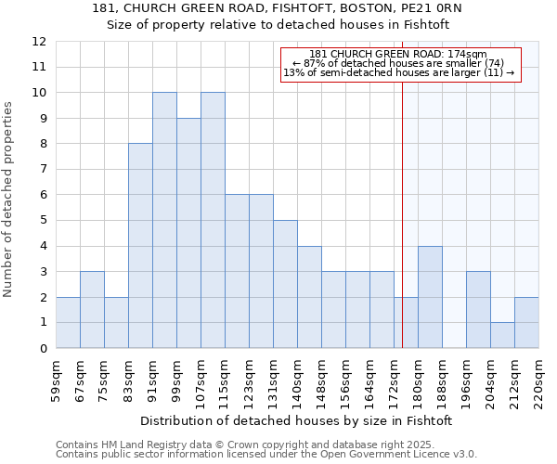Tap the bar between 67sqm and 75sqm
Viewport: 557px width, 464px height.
(92, 310)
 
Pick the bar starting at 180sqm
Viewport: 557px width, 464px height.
(430, 297)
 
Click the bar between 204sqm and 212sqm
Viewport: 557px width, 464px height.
(502, 335)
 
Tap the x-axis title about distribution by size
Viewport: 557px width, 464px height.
(297, 420)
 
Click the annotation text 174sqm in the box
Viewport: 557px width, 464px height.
(398, 55)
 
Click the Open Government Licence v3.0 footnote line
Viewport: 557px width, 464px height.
(266, 455)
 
